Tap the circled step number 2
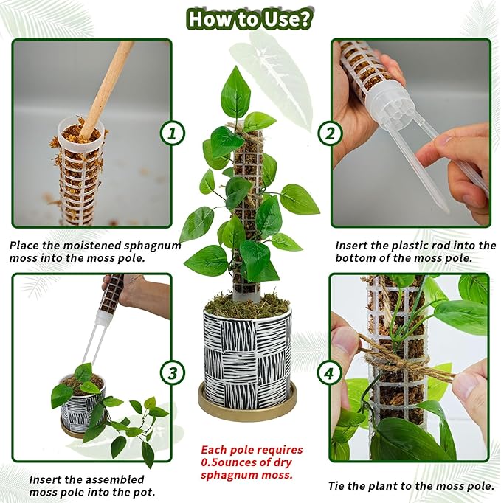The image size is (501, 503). [330, 133]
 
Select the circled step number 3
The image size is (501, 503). [173, 372]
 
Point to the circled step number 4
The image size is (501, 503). [330, 372]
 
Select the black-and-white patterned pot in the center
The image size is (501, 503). [247, 354]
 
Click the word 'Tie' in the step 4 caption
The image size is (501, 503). [339, 486]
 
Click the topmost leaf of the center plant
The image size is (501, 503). [236, 92]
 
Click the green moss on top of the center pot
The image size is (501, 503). [247, 303]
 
